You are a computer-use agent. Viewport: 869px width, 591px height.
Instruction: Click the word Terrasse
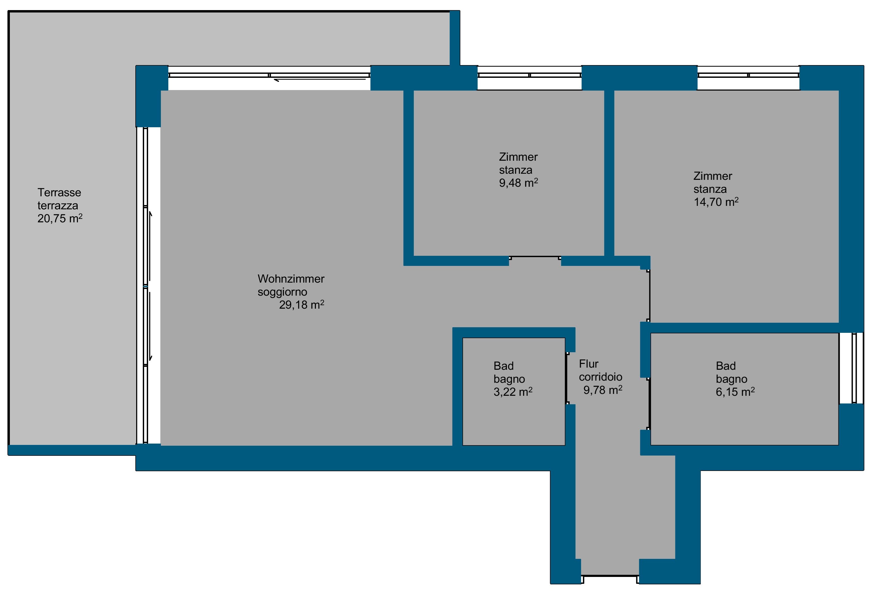coord(59,192)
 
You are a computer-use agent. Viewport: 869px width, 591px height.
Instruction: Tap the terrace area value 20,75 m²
coord(60,218)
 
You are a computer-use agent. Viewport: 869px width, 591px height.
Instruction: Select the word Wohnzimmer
coord(291,279)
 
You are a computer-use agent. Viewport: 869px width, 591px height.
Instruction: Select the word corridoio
coord(600,377)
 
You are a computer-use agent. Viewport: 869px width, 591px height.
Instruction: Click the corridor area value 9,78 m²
coord(603,390)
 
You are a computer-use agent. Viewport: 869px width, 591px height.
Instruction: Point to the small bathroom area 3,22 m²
coord(513,392)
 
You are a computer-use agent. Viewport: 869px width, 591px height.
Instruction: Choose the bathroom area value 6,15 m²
coord(735,392)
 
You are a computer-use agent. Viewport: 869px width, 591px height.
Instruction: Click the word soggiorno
coord(282,292)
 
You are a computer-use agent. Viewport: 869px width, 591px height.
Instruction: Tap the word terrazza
coord(58,206)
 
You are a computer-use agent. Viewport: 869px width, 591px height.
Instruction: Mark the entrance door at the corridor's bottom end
coord(610,579)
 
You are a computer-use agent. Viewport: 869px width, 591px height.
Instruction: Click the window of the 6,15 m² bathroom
coord(854,368)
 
